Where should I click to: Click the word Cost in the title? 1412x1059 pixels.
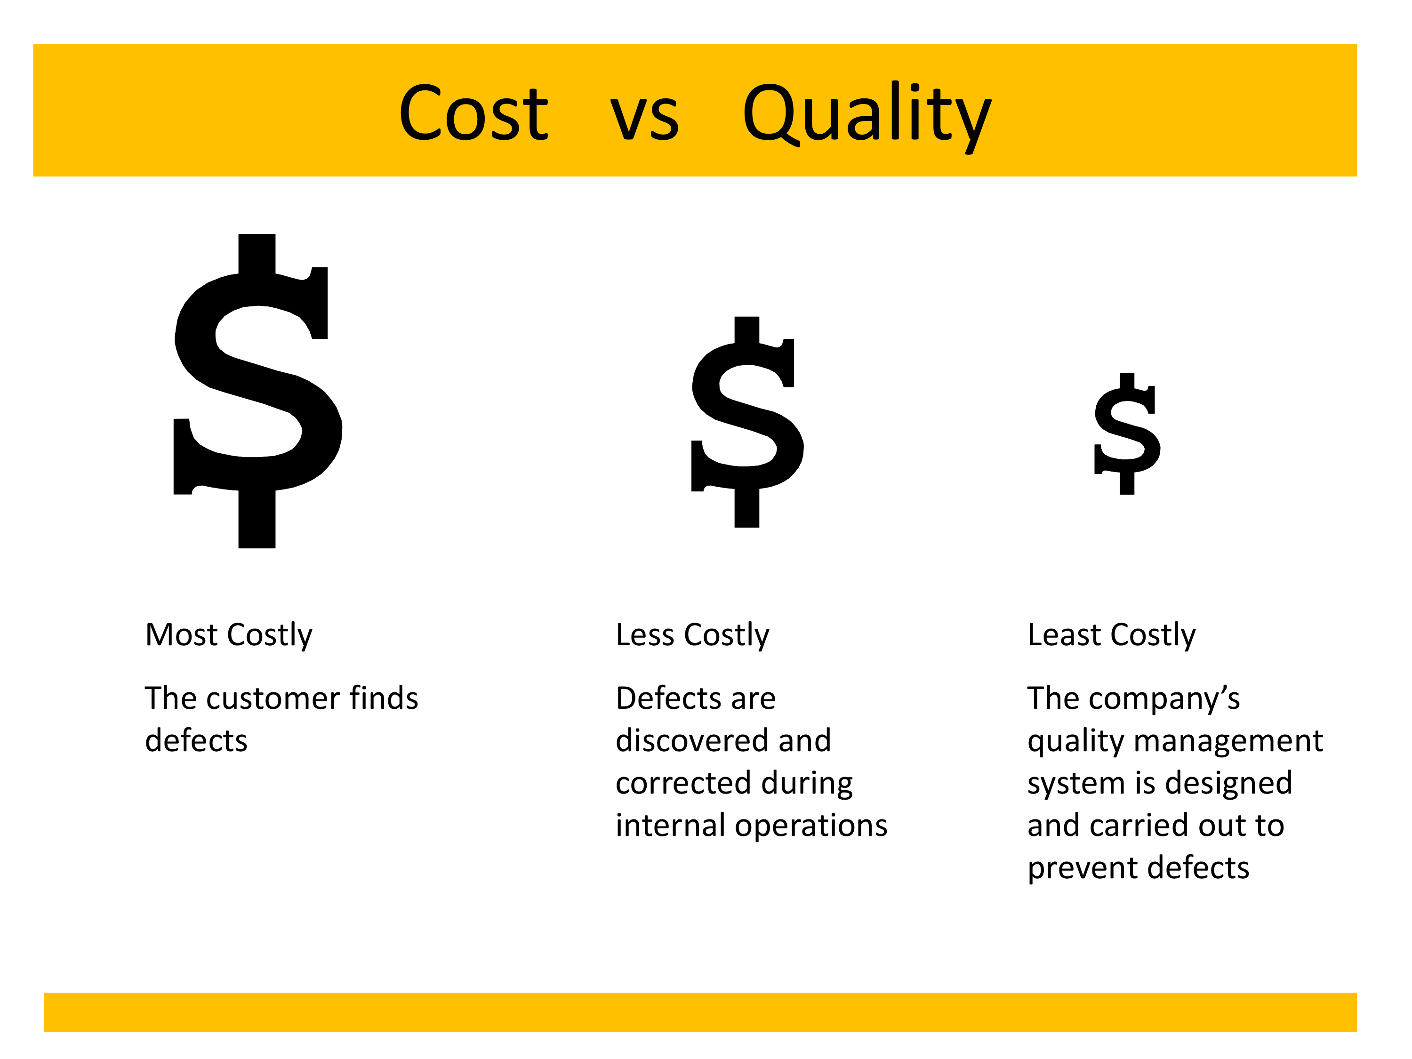click(x=473, y=113)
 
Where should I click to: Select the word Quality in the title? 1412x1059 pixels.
click(x=867, y=117)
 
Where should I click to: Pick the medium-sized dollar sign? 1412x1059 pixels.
click(x=747, y=421)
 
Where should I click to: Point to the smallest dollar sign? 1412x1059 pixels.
click(x=1127, y=433)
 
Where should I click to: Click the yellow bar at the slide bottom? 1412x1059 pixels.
click(x=700, y=1012)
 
